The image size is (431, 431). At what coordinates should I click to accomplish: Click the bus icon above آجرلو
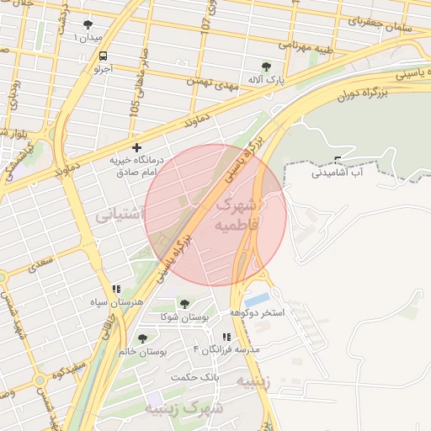102,56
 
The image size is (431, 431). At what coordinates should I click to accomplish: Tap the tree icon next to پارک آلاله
267,66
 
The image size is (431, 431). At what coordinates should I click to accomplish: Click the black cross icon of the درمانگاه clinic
137,148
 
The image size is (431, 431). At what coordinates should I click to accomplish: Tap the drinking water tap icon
338,159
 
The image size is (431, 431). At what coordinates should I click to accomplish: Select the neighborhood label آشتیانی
120,215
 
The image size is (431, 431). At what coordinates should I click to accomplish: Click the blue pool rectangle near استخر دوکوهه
258,300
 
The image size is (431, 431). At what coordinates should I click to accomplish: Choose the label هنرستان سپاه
117,301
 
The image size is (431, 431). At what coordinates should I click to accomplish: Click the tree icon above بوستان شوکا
185,303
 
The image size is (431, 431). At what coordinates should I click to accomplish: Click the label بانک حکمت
194,376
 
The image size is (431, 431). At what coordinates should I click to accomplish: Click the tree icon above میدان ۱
89,24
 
